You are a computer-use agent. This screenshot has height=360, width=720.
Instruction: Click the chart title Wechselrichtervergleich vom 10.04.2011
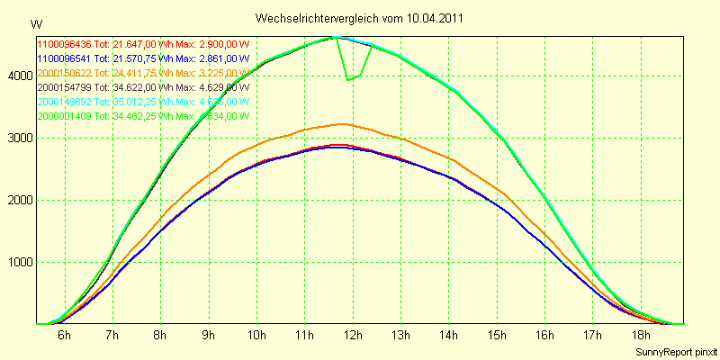click(360, 18)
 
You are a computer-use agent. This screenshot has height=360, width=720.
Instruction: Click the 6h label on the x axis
click(64, 336)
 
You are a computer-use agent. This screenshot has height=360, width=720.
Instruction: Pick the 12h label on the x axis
click(353, 336)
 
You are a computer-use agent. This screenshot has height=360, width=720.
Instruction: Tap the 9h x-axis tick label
click(208, 336)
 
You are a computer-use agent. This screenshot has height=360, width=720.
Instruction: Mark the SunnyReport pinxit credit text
click(676, 351)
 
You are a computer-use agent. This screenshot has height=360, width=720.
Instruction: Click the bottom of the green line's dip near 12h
click(349, 80)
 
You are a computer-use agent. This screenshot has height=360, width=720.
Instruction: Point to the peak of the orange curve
click(340, 124)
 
